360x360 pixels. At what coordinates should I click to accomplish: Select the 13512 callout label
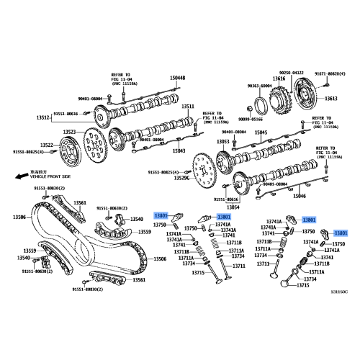click(x=43, y=117)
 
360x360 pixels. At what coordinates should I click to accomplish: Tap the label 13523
click(x=69, y=132)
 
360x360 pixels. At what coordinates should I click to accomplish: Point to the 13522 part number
click(x=48, y=144)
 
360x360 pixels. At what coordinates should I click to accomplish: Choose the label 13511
click(x=187, y=107)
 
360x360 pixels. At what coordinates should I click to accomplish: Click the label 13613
click(x=330, y=98)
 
